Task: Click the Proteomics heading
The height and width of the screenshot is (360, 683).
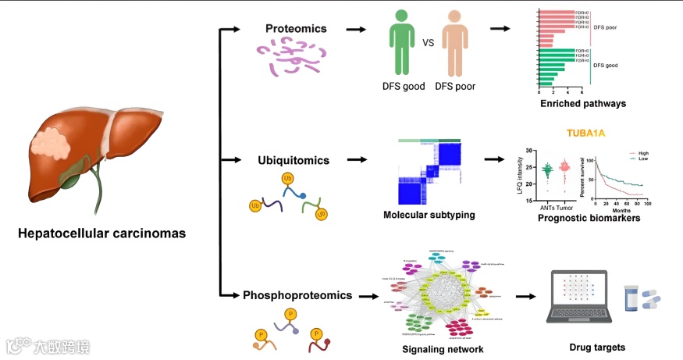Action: pos(296,30)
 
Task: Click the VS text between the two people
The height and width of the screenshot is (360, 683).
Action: pos(429,44)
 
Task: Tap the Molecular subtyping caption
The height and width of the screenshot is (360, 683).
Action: pos(426,214)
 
